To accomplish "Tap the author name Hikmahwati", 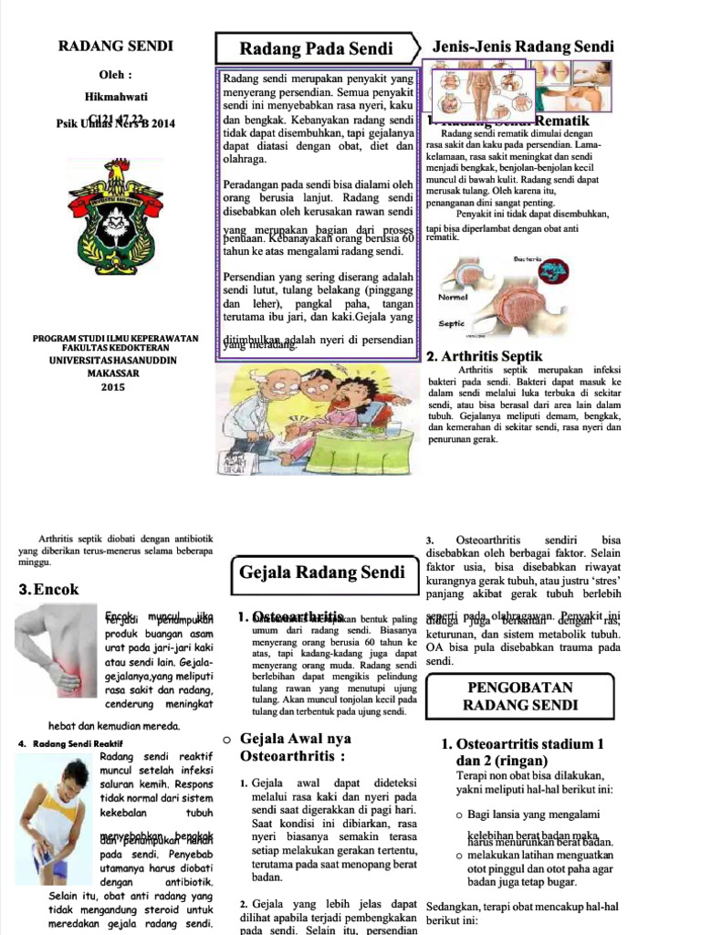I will click(115, 97).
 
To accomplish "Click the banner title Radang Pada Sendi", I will click(316, 48).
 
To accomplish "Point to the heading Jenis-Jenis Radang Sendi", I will click(523, 47).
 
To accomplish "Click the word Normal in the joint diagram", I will click(454, 298).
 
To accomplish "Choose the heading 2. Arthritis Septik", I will click(485, 356).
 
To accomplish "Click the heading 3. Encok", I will click(49, 590).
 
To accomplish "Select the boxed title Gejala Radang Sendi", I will click(321, 573).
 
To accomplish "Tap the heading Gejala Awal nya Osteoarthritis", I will click(295, 748).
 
